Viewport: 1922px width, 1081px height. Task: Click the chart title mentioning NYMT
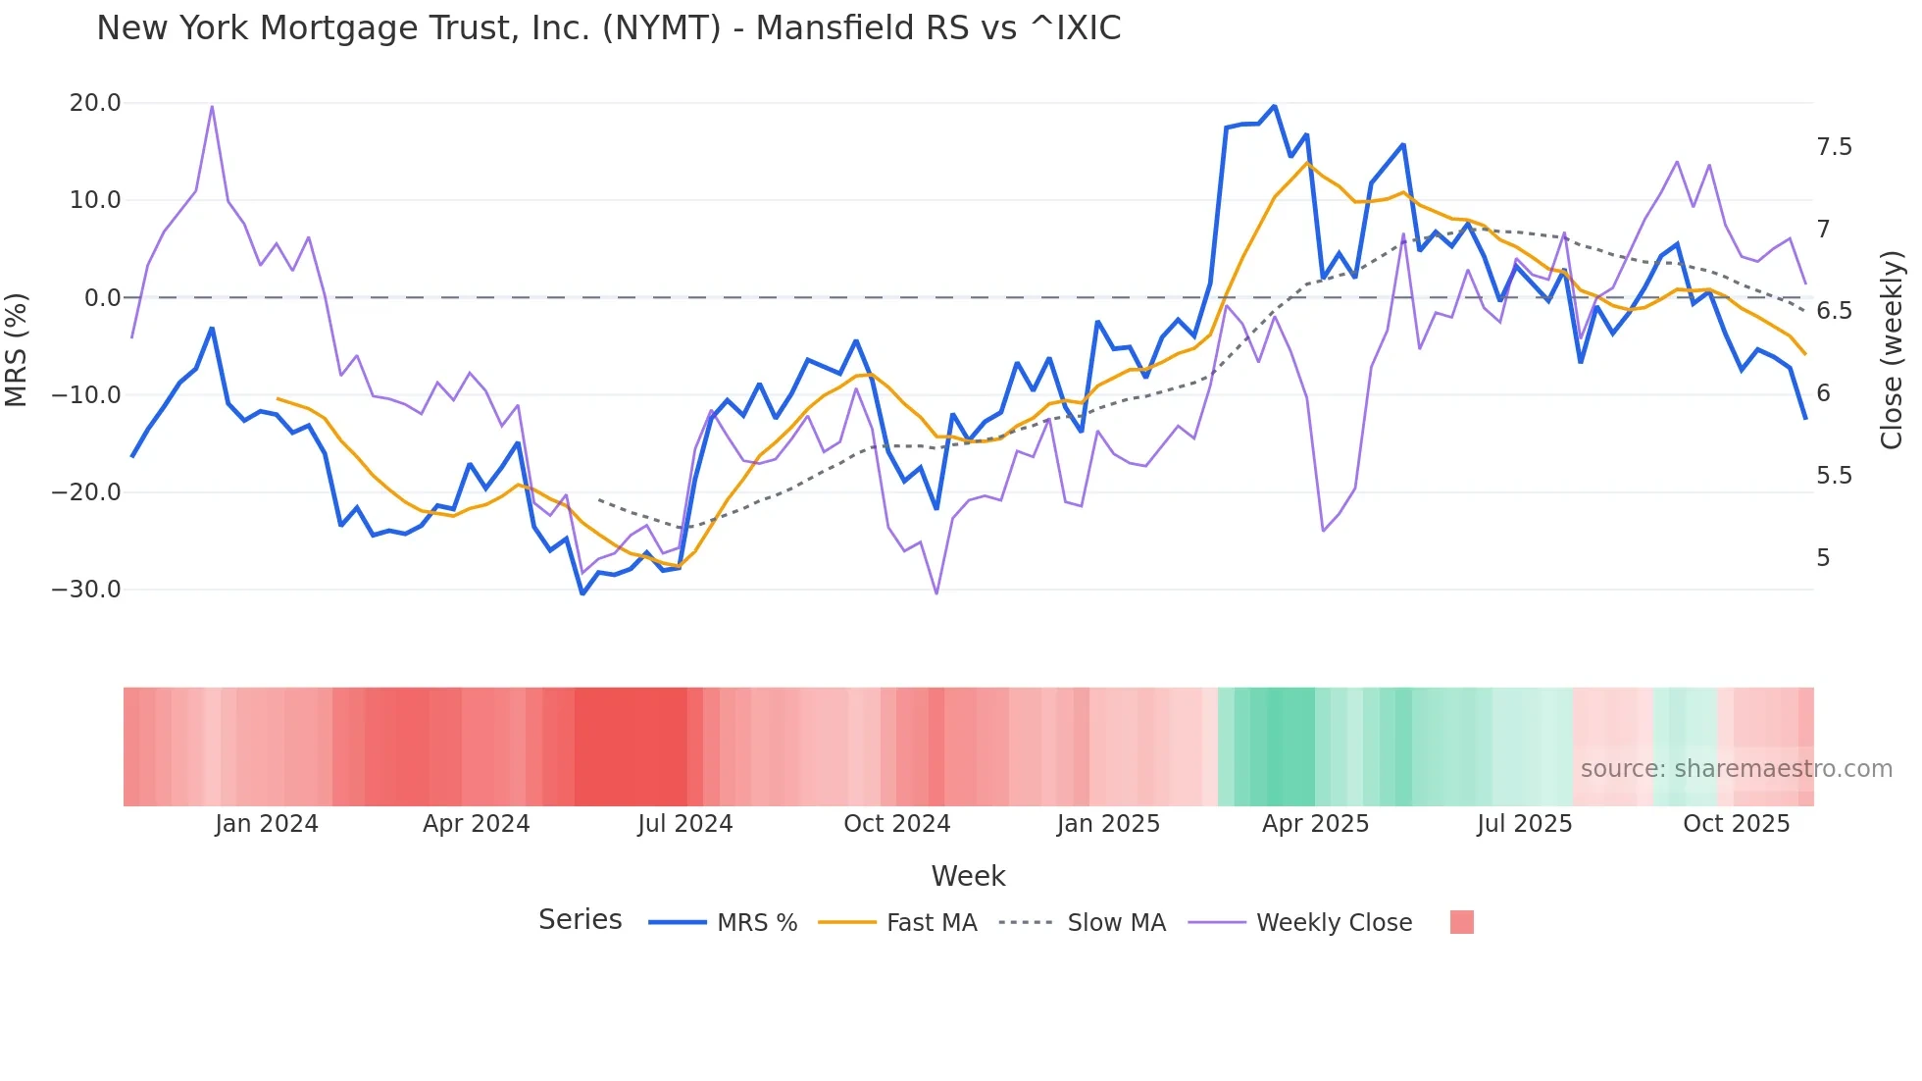coord(608,28)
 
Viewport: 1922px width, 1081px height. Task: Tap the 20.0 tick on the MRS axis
coord(95,103)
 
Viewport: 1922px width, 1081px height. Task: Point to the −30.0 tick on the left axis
coord(87,590)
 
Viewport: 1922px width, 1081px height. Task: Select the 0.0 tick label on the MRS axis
coord(102,297)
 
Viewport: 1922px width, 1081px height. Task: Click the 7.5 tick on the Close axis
coord(1834,147)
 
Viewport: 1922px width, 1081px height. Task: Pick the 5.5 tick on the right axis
coord(1834,476)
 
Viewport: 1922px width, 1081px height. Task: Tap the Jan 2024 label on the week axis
coord(267,824)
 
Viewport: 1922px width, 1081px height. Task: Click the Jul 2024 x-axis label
coord(685,824)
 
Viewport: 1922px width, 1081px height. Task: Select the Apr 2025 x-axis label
coord(1315,824)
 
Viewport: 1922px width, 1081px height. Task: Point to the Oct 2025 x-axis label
coord(1736,824)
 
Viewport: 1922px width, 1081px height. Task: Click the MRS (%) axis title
coord(17,350)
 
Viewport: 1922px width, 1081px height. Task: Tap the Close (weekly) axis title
coord(1892,350)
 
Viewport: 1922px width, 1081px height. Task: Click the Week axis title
coord(968,876)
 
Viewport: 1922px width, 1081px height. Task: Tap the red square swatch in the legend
coord(1461,922)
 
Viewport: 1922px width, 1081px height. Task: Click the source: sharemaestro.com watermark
coord(1736,769)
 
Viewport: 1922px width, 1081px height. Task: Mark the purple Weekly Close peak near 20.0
coord(212,106)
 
